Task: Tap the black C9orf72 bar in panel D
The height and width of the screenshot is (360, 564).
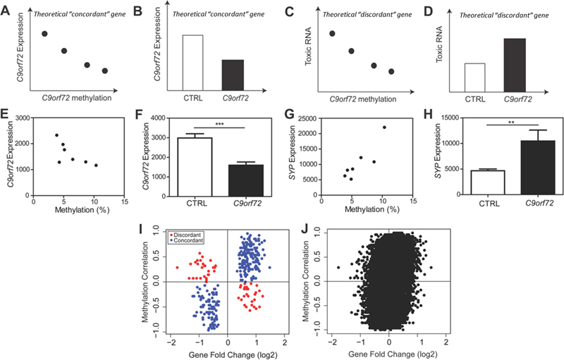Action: [x=515, y=62]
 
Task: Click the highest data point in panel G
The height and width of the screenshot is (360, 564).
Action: [x=384, y=128]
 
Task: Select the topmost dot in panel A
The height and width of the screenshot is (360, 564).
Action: [x=45, y=33]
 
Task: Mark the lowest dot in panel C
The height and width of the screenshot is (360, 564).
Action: [x=391, y=71]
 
